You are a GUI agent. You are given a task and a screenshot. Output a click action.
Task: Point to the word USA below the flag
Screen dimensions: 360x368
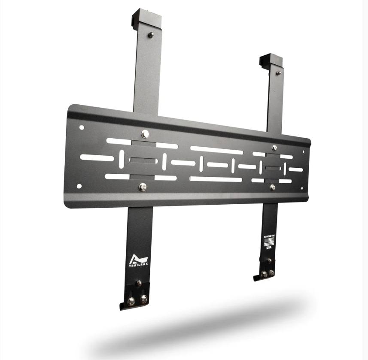click(x=269, y=248)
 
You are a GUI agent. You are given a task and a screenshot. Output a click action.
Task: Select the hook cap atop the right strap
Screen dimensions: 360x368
click(x=271, y=60)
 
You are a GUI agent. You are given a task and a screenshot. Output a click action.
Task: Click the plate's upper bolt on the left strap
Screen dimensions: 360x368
click(x=145, y=134)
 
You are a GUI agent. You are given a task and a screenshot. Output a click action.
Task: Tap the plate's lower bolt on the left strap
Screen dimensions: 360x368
click(x=142, y=187)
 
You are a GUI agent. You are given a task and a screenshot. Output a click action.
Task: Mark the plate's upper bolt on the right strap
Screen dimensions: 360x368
click(x=274, y=148)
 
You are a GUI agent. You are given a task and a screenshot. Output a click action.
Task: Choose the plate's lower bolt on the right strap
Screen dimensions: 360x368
click(x=273, y=187)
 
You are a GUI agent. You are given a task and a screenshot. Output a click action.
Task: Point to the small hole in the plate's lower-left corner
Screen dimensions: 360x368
click(x=79, y=186)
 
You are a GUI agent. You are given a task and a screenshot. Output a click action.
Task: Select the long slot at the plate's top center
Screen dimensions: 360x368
click(x=216, y=150)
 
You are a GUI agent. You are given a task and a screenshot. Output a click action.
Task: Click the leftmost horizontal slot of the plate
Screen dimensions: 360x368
click(x=97, y=157)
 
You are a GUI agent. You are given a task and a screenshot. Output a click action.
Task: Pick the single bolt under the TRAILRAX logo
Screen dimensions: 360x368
click(x=138, y=283)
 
